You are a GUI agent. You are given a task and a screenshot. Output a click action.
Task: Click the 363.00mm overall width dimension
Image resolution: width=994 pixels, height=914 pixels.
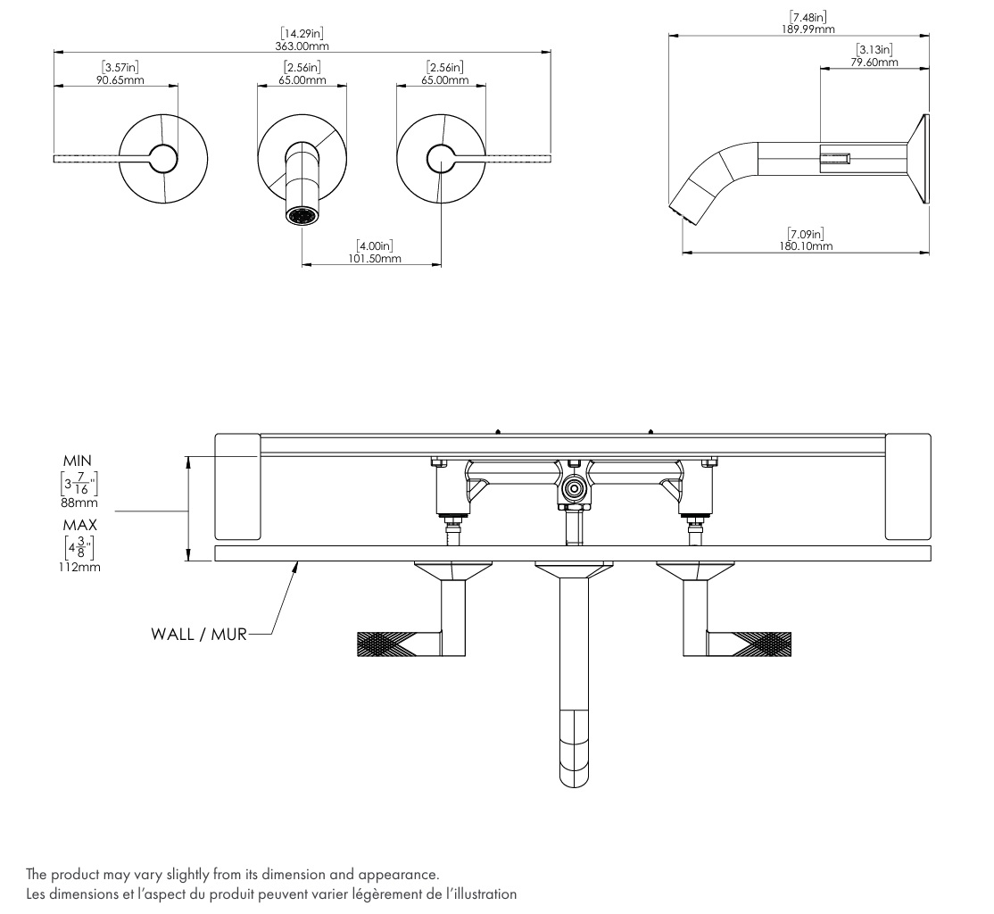302,46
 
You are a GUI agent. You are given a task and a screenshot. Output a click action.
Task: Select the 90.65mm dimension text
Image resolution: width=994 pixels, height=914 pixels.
120,80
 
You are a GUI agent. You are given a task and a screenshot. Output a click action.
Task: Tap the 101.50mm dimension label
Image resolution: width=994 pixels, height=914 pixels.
375,258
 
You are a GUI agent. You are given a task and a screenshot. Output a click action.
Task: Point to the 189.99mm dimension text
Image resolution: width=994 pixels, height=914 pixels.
808,29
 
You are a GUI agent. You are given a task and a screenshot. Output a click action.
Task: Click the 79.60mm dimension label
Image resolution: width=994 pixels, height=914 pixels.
874,62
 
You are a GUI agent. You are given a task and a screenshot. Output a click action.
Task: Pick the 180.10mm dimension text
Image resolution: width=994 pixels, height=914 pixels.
806,246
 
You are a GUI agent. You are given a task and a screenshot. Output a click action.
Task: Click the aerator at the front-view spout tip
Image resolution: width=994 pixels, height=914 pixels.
302,216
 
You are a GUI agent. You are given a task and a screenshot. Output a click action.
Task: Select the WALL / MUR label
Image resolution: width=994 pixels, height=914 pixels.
199,635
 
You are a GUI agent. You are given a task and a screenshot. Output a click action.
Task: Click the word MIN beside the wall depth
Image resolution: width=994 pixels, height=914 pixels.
78,461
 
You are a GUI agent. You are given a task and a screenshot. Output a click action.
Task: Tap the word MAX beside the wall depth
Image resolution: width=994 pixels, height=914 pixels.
80,525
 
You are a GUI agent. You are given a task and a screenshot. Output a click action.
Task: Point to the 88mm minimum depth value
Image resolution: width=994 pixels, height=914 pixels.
79,503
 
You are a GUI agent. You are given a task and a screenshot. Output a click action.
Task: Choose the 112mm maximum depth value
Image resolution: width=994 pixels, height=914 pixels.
79,567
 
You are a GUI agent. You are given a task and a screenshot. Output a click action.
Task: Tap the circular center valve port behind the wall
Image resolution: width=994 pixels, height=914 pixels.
575,489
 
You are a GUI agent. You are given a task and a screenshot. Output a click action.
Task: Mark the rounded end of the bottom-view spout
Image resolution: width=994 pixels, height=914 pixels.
575,777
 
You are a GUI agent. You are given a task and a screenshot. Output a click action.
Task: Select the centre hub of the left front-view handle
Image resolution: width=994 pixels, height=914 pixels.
163,159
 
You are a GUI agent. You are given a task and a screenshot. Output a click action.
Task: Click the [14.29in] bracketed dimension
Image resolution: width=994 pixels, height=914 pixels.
302,34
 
